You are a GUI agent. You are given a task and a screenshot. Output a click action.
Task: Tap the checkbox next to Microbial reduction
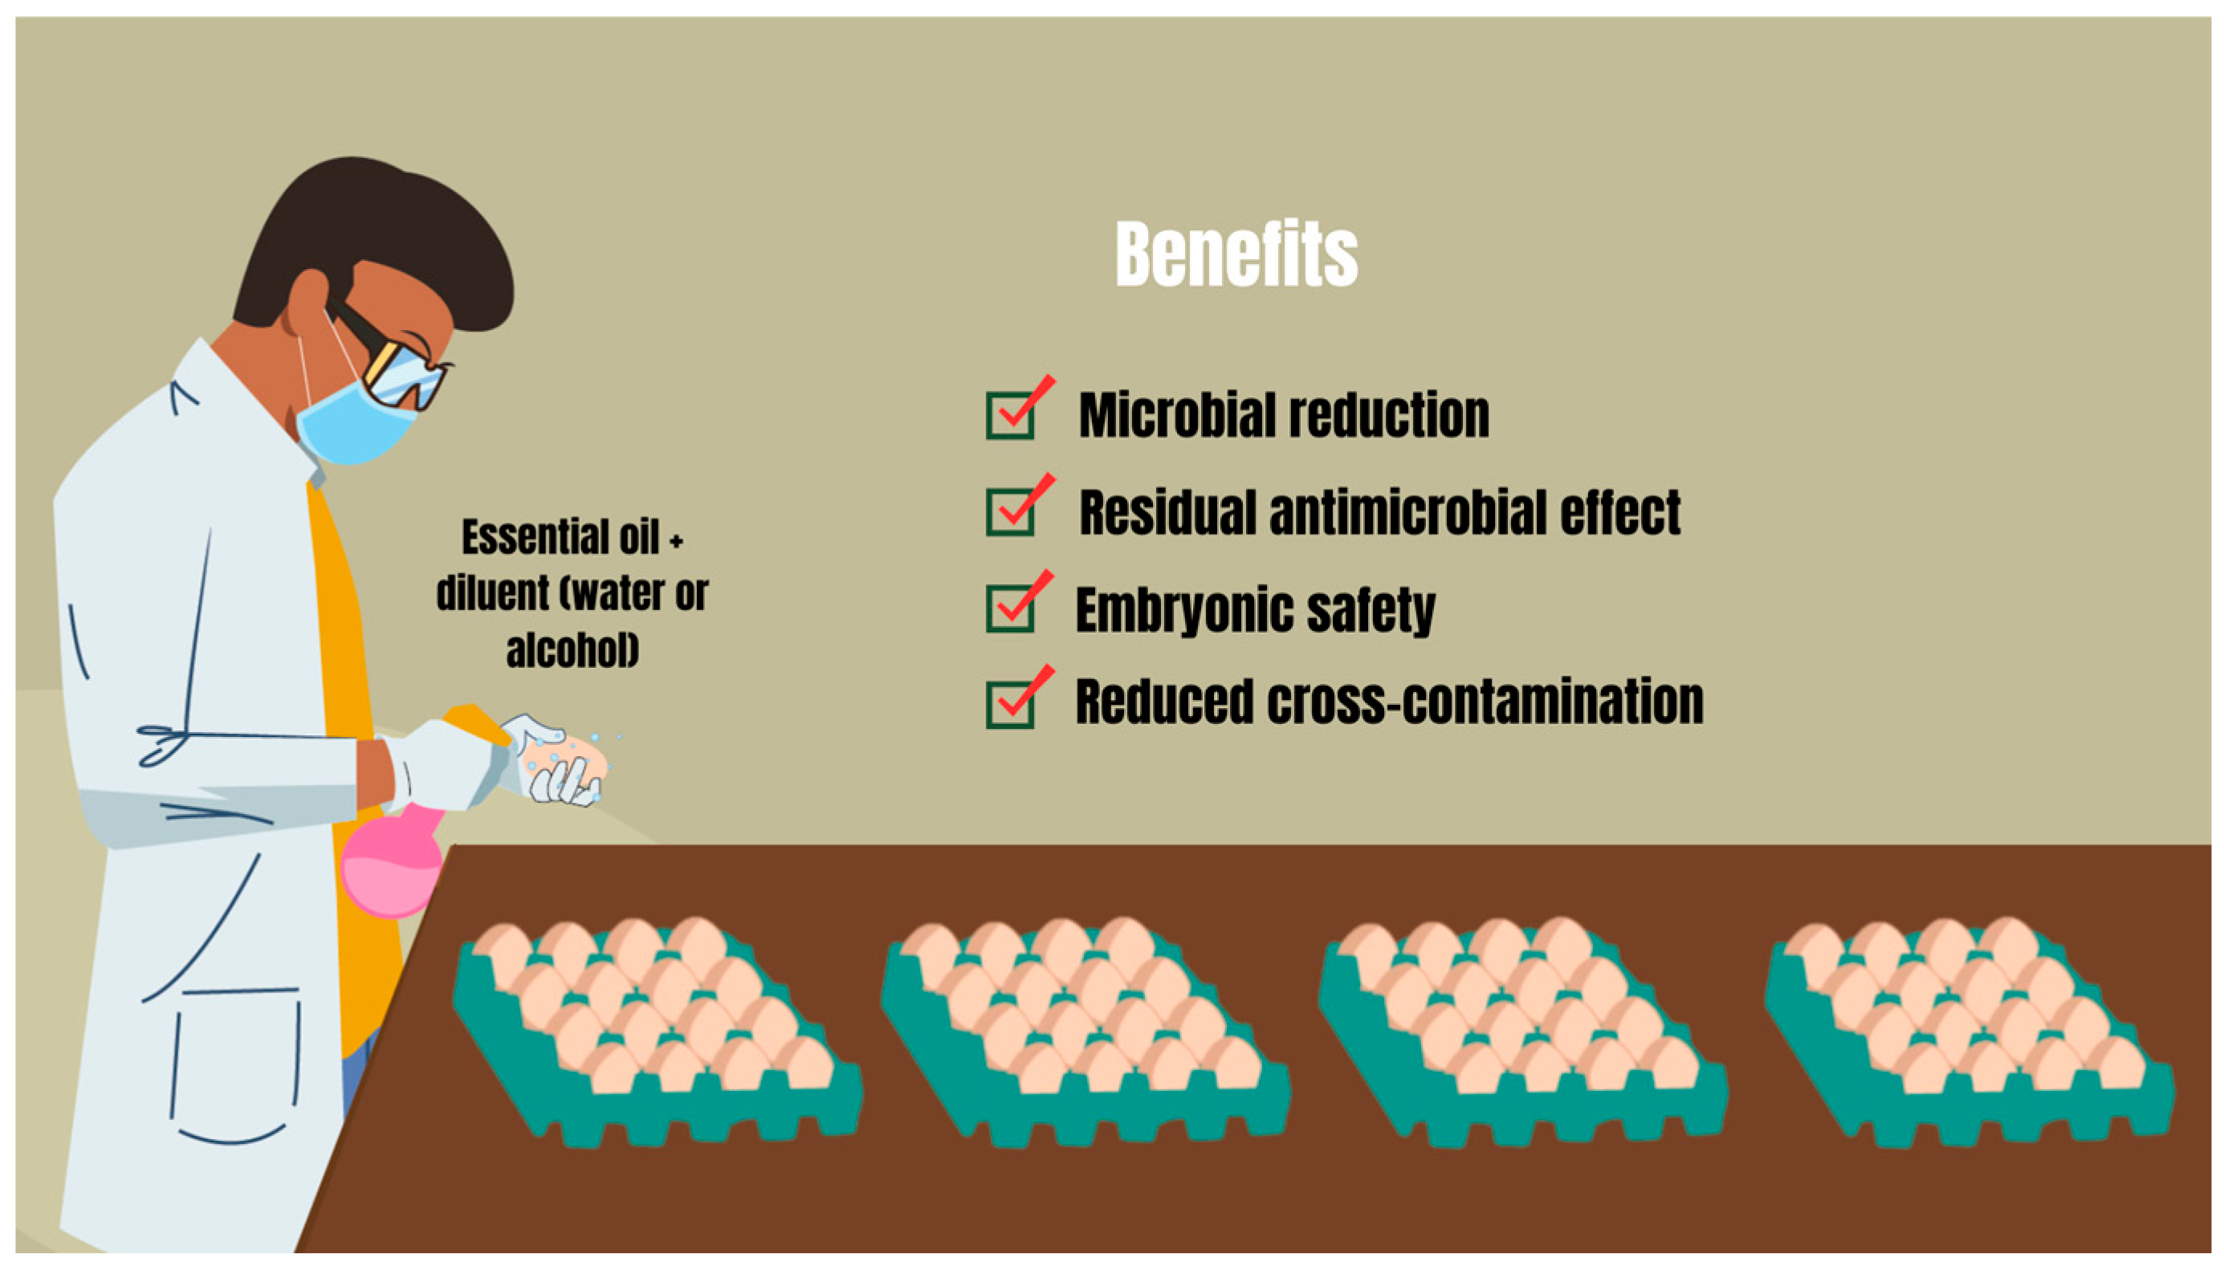1010,414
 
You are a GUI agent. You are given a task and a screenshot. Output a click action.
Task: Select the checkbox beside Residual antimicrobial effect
1010,511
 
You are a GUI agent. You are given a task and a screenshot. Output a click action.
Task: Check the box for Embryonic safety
1010,607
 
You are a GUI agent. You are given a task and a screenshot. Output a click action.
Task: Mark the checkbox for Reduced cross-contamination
1010,703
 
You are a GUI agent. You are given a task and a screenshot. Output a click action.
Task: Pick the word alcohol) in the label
572,649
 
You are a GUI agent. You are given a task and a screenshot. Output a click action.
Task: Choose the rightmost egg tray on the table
1967,1029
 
